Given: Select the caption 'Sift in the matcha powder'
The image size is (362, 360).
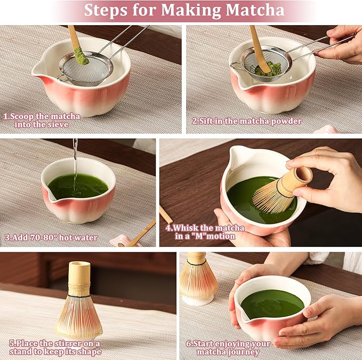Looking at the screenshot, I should pos(247,121).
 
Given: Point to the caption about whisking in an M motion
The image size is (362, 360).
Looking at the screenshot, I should pos(205,231).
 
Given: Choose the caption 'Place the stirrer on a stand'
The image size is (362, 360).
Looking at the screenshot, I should pos(53,348).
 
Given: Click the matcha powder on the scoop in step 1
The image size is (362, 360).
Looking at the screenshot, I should pos(81,55).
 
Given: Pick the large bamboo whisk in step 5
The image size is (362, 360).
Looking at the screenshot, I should pos(78,304).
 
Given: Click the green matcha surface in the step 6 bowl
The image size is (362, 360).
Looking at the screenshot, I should pos(271,304).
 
